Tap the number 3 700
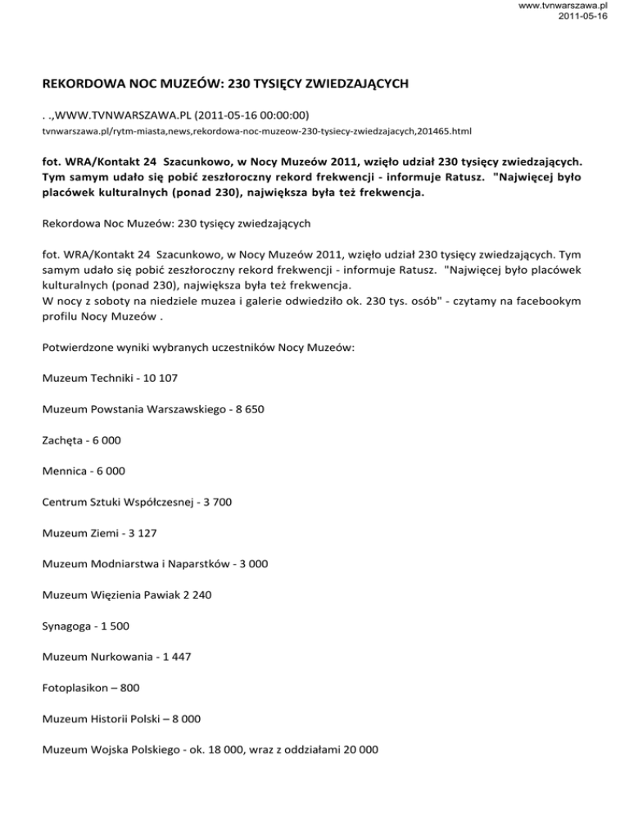[x=212, y=503]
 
